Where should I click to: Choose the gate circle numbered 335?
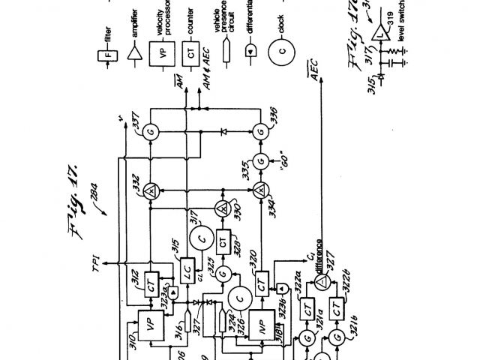261,160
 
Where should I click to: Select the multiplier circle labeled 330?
221,208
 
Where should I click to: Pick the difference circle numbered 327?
320,279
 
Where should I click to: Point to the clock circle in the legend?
280,55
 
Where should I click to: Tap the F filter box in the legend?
105,54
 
